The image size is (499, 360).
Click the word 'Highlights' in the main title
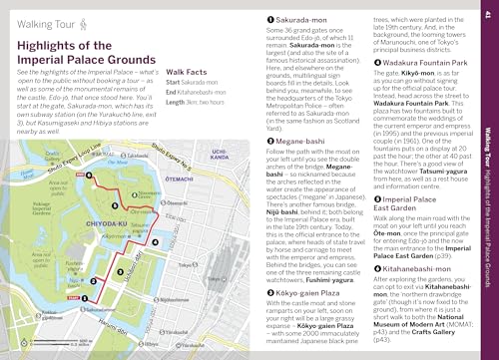[49, 47]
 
